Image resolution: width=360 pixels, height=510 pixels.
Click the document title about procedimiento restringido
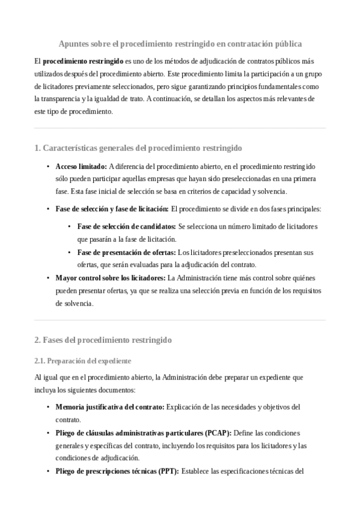coord(180,44)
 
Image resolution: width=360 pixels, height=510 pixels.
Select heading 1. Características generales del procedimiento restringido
coord(138,148)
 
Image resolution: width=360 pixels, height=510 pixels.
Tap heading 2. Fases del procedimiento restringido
coord(103,340)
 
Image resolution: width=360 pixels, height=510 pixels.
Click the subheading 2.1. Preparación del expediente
coord(82,361)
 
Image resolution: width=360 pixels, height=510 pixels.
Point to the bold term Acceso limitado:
coord(81,166)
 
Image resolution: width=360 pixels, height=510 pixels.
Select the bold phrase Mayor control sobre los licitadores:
coord(110,278)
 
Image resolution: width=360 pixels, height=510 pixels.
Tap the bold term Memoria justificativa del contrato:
coord(109,407)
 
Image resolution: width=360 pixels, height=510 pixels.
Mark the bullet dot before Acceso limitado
coord(48,167)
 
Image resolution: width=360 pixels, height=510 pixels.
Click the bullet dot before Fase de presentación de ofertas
coord(70,253)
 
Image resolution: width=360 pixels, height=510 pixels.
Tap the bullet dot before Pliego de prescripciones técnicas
coord(48,472)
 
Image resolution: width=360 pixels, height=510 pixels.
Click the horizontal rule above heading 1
coord(180,128)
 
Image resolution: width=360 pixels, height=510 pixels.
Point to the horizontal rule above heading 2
coord(180,320)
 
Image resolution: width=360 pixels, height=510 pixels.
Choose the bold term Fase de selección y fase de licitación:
coord(112,209)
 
